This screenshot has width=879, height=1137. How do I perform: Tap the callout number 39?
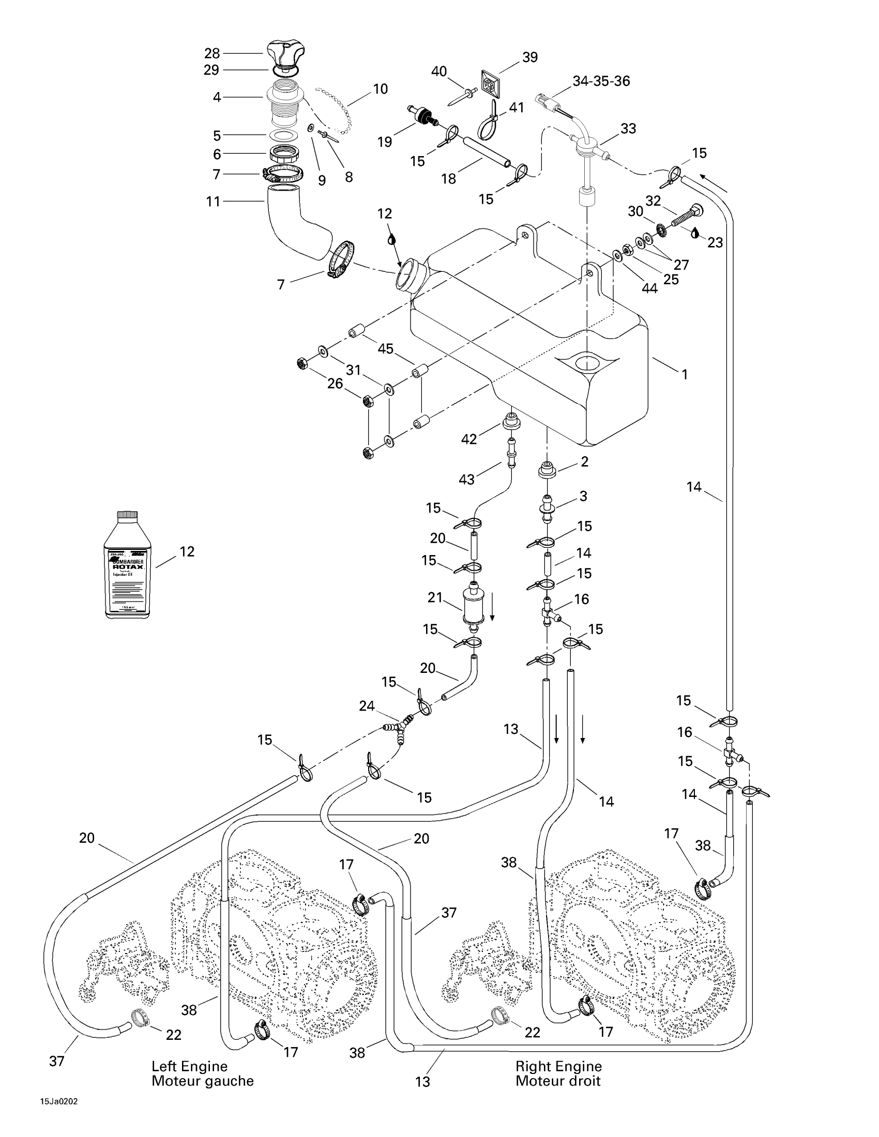point(529,57)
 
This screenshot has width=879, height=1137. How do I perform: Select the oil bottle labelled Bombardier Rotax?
point(128,566)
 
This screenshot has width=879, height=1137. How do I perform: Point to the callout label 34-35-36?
point(601,81)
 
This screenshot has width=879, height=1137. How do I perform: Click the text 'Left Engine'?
point(190,1066)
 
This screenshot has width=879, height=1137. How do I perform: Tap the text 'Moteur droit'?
point(558,1081)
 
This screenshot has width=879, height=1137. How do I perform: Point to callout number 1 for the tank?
point(685,374)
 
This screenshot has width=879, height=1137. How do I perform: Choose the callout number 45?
point(385,349)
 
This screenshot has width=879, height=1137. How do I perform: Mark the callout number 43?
point(466,479)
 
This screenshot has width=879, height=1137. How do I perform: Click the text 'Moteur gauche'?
point(203,1081)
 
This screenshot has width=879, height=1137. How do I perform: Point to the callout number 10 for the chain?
point(380,89)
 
